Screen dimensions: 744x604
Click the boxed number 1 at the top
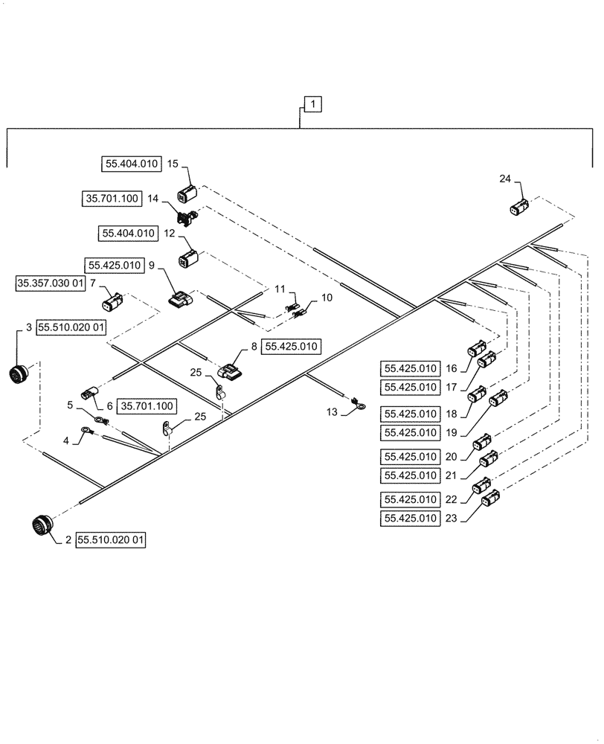[x=312, y=105]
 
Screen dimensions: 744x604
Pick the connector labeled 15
[x=186, y=196]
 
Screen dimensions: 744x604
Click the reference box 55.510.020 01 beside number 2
[x=111, y=541]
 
